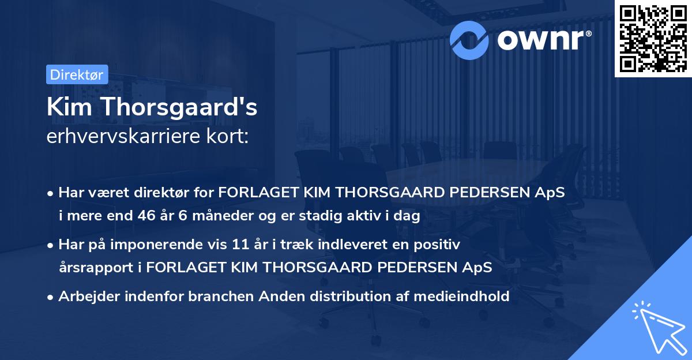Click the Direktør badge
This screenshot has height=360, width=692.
pyautogui.click(x=77, y=74)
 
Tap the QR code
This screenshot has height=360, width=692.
pyautogui.click(x=652, y=38)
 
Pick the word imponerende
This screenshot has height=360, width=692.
pyautogui.click(x=172, y=245)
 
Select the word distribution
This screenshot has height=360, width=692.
pyautogui.click(x=335, y=297)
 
